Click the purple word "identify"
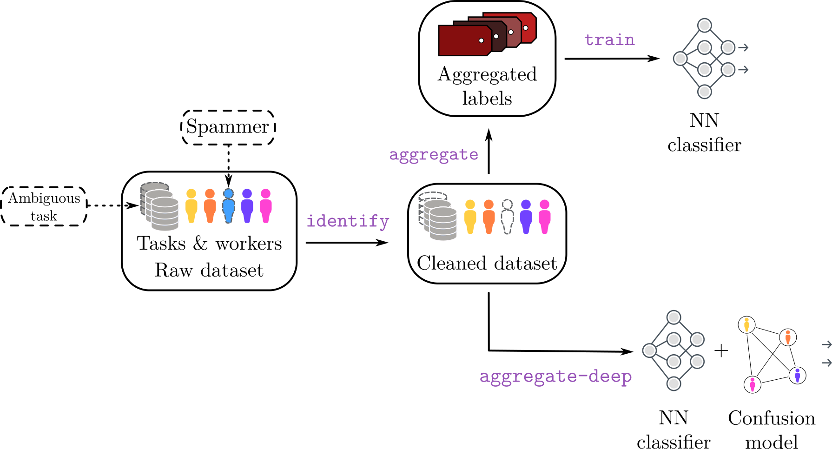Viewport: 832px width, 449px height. pos(348,221)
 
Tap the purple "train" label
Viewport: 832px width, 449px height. pos(609,40)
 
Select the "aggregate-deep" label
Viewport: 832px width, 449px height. pos(555,376)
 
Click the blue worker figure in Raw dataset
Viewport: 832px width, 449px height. pos(228,206)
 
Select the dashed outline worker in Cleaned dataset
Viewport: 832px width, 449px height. pos(507,217)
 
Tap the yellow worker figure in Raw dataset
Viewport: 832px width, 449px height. pos(191,206)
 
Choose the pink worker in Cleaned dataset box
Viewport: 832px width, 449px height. pos(544,217)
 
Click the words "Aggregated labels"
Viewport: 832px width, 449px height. pos(487,86)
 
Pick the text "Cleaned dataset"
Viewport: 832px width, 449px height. pos(487,263)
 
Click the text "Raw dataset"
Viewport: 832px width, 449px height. pos(209,270)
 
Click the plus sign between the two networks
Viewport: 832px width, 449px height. pos(721,350)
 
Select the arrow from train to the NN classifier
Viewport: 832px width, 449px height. pos(612,59)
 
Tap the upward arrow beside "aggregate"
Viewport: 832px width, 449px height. pos(489,152)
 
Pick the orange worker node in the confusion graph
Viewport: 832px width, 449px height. pos(788,337)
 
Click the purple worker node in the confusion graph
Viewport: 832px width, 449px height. pos(798,375)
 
